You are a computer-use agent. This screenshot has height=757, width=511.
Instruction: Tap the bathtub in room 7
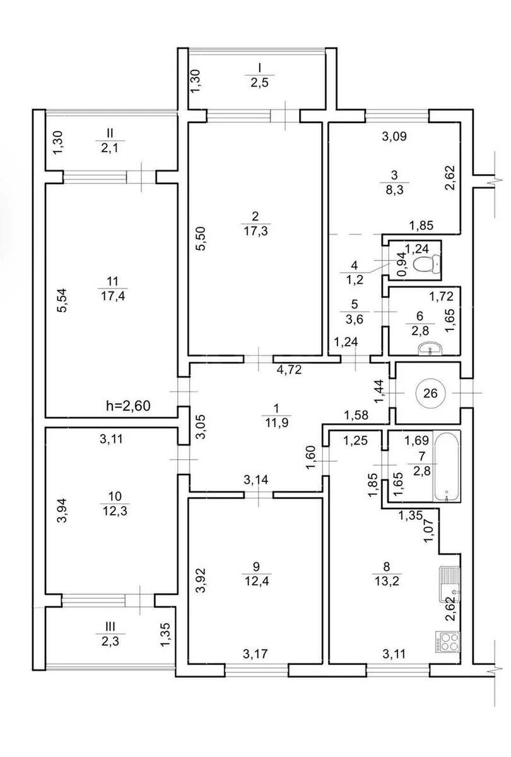pyautogui.click(x=449, y=467)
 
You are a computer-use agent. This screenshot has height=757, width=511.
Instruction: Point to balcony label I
pyautogui.click(x=258, y=67)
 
